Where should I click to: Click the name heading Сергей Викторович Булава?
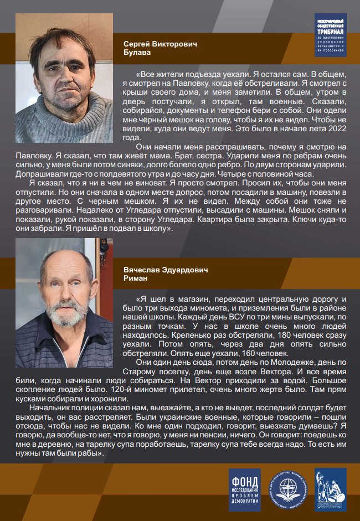click(x=161, y=48)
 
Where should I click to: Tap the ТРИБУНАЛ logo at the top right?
click(x=330, y=35)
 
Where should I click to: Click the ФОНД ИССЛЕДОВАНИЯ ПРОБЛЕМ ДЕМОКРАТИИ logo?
click(x=244, y=489)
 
